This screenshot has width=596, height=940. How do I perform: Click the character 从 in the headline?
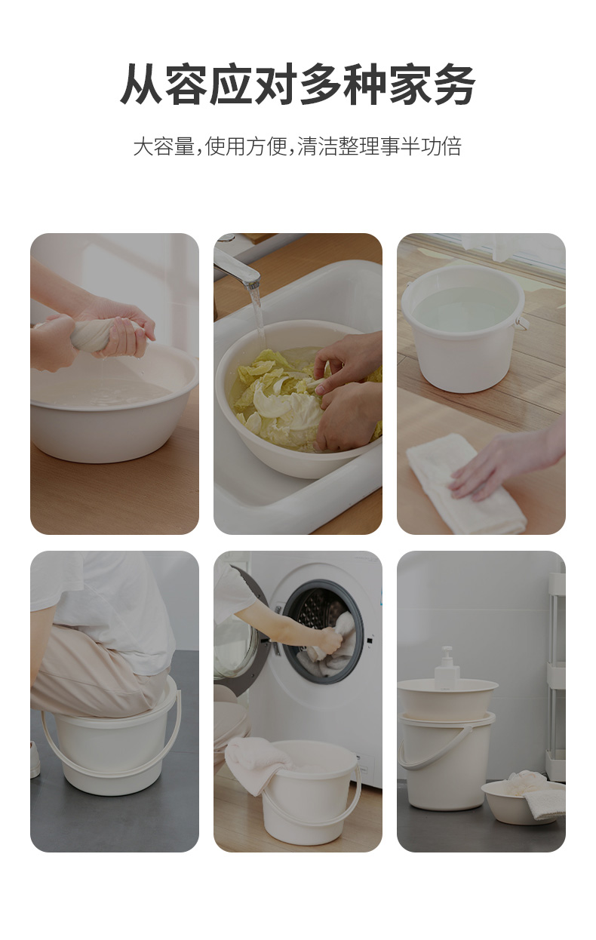click(141, 84)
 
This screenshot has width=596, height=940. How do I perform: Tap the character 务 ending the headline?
click(454, 84)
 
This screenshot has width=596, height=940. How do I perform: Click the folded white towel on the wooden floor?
click(466, 483)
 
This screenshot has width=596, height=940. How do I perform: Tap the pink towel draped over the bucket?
click(256, 766)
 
